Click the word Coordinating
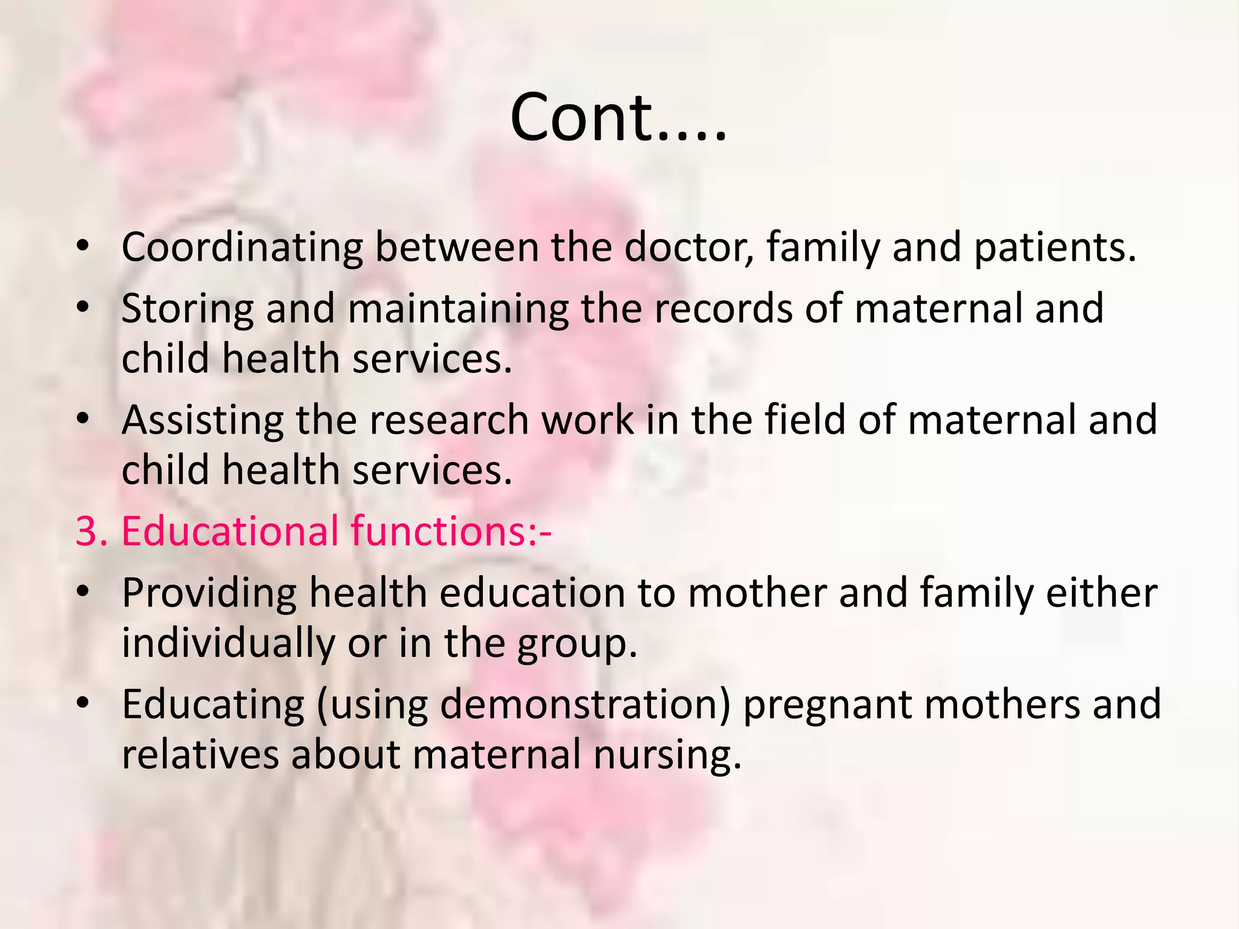pyautogui.click(x=242, y=248)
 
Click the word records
pyautogui.click(x=724, y=308)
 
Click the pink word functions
pyautogui.click(x=440, y=531)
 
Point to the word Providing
pyautogui.click(x=209, y=593)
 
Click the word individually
pyautogui.click(x=229, y=643)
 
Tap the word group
pyautogui.click(x=577, y=644)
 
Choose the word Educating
pyautogui.click(x=213, y=705)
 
